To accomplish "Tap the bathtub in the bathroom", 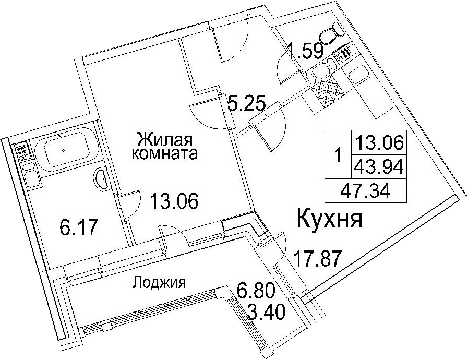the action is point(64,151).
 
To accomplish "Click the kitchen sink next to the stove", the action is point(358,75).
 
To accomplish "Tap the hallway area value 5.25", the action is point(246,102).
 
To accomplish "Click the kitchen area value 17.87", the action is point(317,258).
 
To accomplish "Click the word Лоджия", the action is point(159,282).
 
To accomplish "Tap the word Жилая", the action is point(164,139).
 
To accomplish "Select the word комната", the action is point(165,154).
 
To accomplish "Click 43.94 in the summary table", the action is point(378,166).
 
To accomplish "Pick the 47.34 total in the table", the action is point(365,190).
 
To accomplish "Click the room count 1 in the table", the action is point(338,155).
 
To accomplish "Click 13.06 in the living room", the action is point(174,201).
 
